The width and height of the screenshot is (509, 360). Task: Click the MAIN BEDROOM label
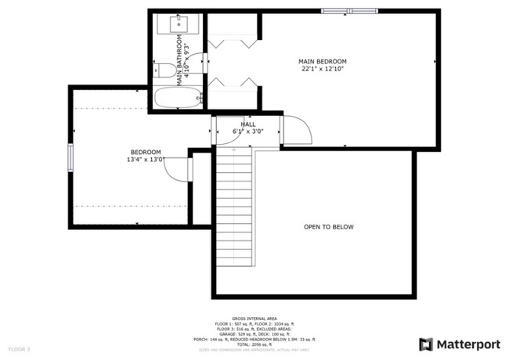pos(322,61)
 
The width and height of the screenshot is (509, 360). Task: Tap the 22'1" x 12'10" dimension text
pos(322,69)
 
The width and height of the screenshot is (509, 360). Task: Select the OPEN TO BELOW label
pos(329,227)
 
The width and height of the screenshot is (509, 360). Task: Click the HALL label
pos(247,124)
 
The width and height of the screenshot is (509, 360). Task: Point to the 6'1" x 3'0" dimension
pos(247,131)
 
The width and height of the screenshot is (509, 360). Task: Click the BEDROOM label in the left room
pos(146,152)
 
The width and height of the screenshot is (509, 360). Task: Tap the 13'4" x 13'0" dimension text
pos(146,160)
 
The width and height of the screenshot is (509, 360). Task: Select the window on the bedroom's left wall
pos(70,156)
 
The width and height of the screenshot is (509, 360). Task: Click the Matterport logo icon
pos(426,344)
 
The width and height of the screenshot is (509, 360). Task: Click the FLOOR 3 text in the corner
pos(19,348)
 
